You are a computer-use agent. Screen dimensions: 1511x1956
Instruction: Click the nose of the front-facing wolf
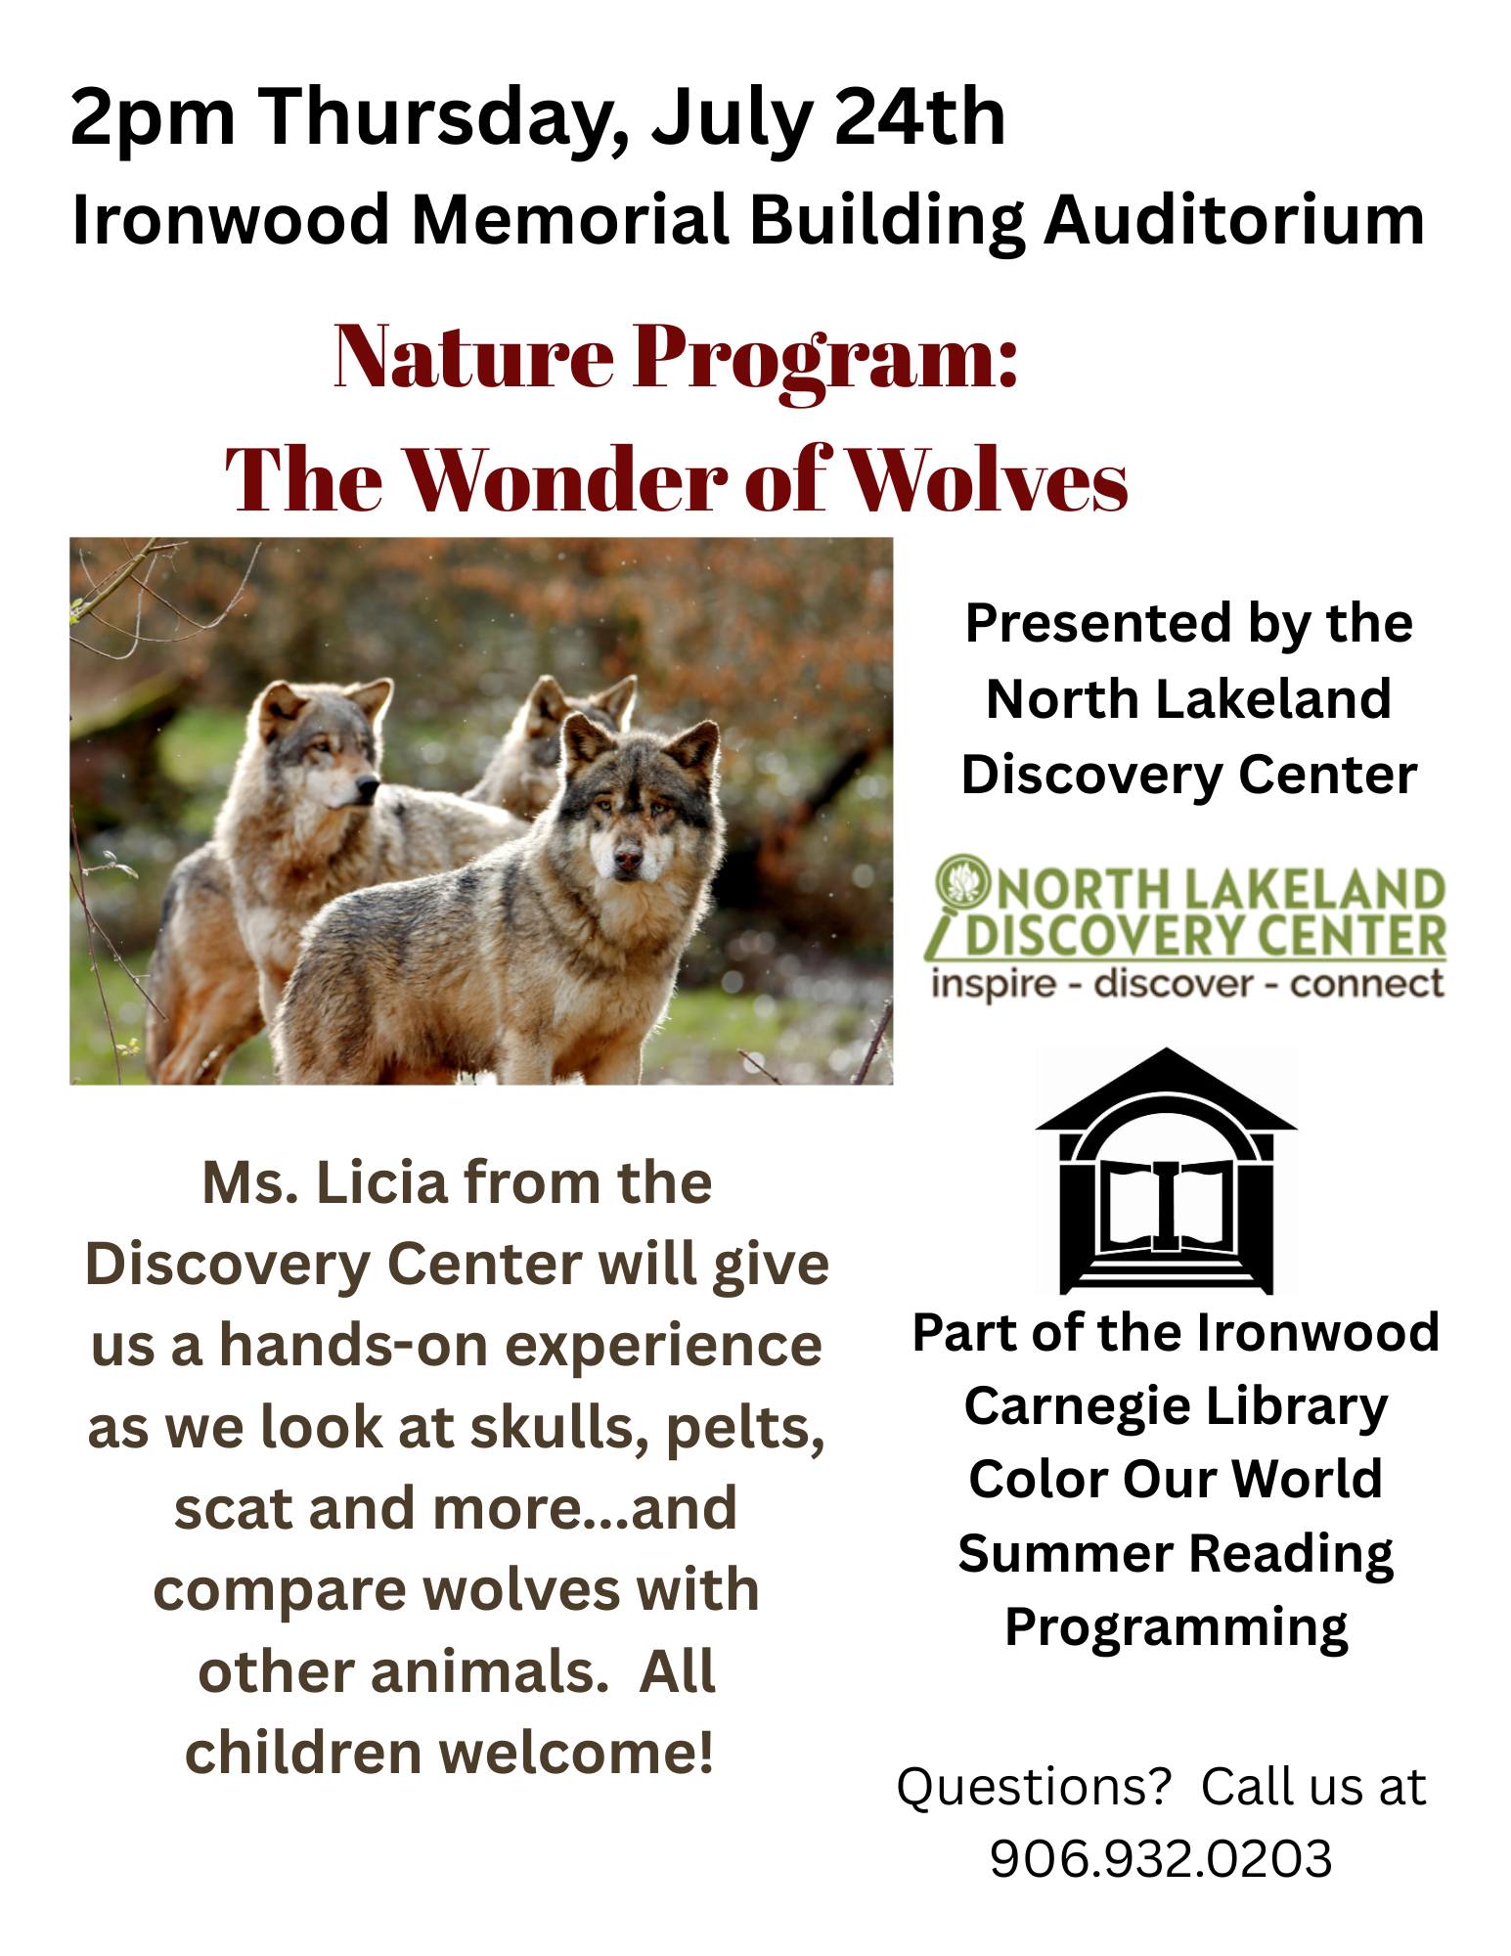click(x=628, y=861)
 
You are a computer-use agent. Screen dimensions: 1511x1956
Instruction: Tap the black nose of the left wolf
click(x=368, y=785)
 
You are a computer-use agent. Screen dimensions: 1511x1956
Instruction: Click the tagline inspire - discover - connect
click(x=1187, y=982)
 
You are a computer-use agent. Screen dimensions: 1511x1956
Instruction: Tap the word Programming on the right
click(x=1177, y=1628)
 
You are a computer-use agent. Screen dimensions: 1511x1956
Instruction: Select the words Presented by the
click(x=1188, y=623)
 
